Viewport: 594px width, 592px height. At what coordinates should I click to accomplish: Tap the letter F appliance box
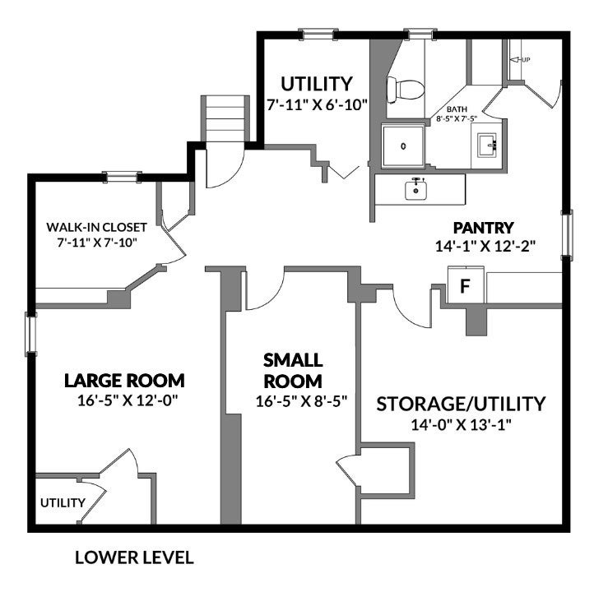466,285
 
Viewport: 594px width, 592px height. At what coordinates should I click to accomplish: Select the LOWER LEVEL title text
134,557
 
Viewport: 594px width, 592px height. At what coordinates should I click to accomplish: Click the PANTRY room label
484,228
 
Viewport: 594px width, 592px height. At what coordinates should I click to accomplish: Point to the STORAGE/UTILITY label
461,404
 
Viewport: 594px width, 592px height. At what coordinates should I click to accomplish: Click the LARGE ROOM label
124,381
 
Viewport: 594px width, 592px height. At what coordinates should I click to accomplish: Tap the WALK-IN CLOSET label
96,227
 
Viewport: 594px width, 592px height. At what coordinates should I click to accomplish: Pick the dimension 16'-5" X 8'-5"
302,401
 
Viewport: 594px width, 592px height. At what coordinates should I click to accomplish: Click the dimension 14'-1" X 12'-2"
485,247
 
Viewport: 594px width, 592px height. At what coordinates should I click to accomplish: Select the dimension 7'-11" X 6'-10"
318,104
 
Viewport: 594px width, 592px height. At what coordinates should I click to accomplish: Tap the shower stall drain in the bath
403,146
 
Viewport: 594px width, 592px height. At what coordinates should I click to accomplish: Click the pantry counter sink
416,189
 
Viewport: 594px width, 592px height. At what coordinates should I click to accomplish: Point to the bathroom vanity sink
488,145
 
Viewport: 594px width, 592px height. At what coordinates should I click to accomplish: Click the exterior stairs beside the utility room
225,118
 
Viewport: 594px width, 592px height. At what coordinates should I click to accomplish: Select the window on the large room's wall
31,334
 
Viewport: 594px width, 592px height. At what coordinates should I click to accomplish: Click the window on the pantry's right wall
567,235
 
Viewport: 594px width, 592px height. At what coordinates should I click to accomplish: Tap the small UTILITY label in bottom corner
63,502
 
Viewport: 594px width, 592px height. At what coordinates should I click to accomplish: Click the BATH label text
457,109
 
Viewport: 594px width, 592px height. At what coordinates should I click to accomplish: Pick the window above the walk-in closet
122,177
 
